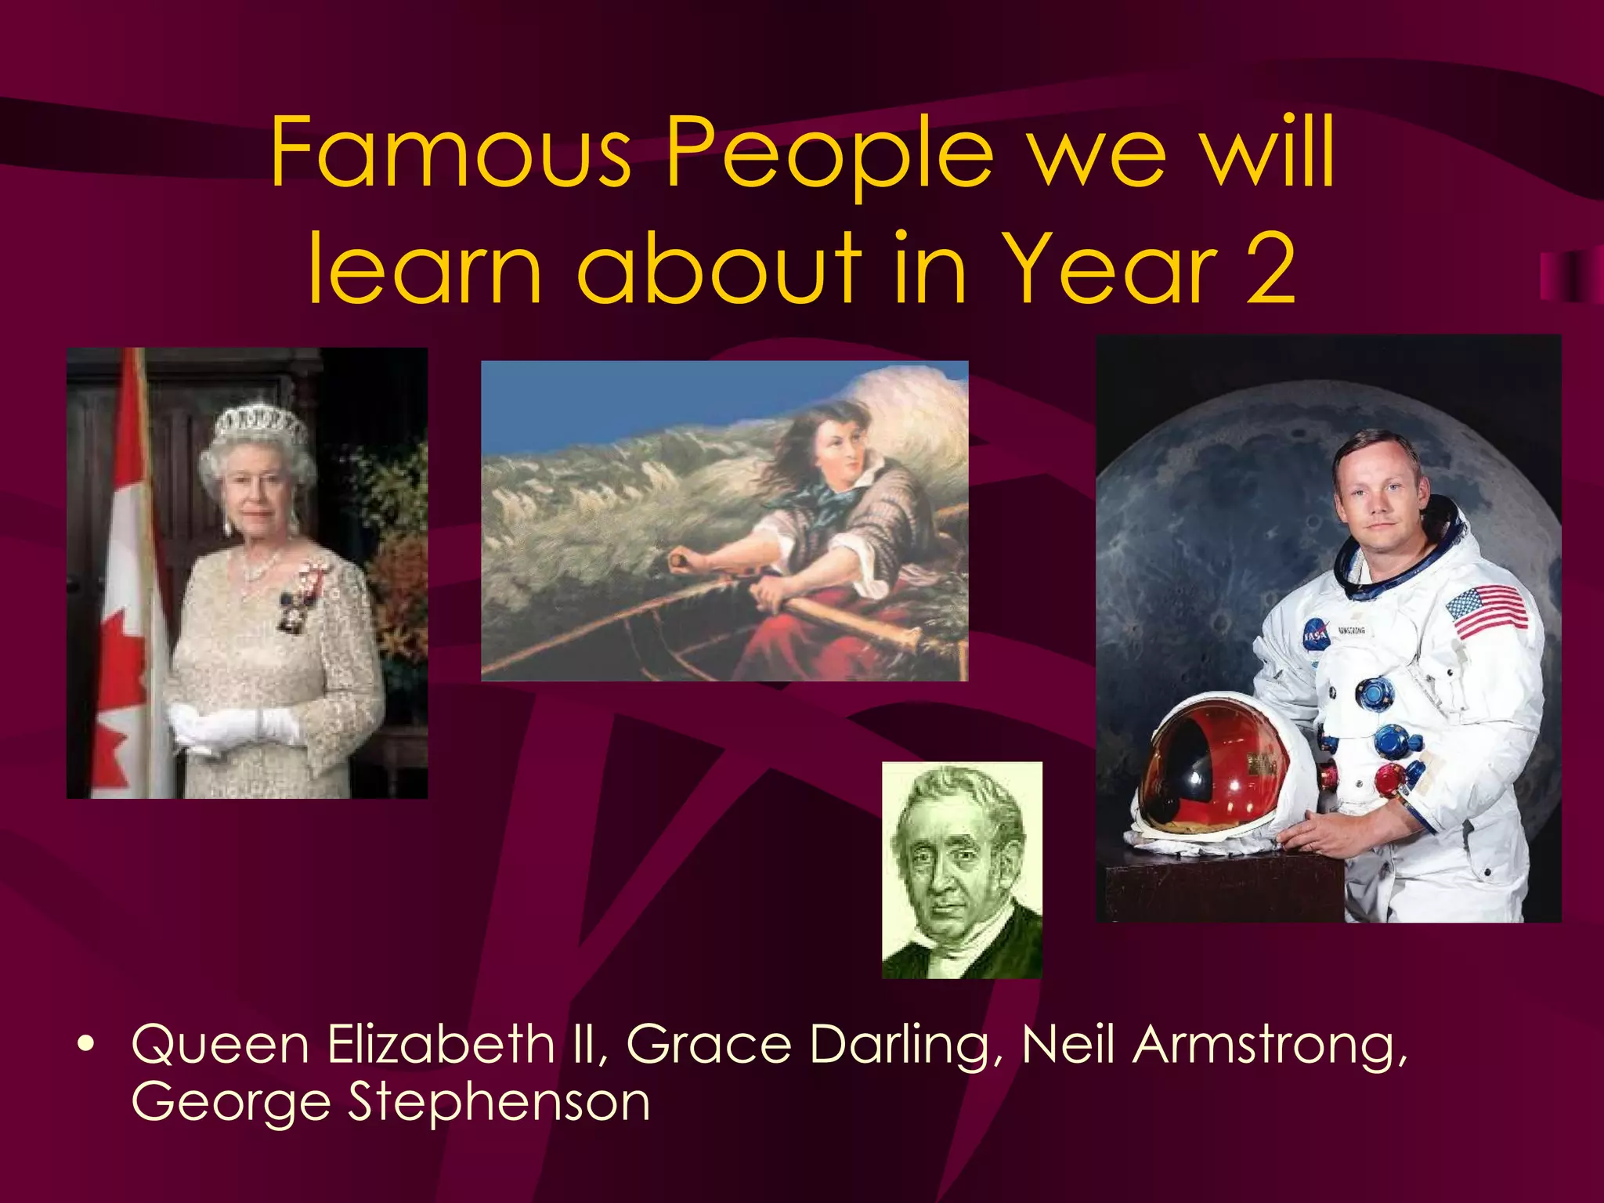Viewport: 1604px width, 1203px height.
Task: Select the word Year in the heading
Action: (1110, 269)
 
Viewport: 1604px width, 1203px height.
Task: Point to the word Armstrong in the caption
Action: (1269, 1047)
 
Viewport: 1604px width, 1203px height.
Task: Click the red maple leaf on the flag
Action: (125, 650)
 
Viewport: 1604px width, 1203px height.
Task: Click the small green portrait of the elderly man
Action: (962, 869)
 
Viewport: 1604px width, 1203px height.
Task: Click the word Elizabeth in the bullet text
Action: (441, 1046)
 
